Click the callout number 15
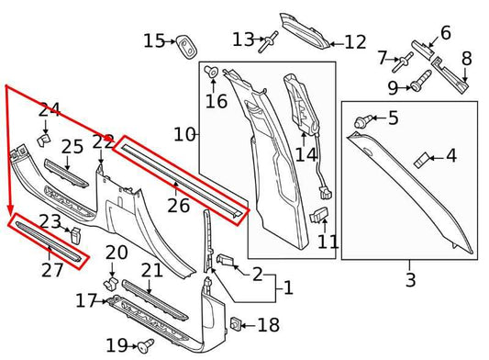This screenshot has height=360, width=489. (x=154, y=40)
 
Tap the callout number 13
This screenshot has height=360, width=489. (x=242, y=39)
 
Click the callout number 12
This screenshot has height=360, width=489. (x=354, y=42)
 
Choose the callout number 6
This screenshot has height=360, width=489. (x=446, y=33)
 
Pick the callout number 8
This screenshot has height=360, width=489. (x=466, y=59)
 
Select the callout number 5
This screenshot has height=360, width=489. (x=394, y=118)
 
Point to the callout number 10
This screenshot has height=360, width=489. (x=184, y=134)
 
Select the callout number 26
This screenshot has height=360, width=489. (x=178, y=205)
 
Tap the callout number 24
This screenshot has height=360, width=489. (x=49, y=111)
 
